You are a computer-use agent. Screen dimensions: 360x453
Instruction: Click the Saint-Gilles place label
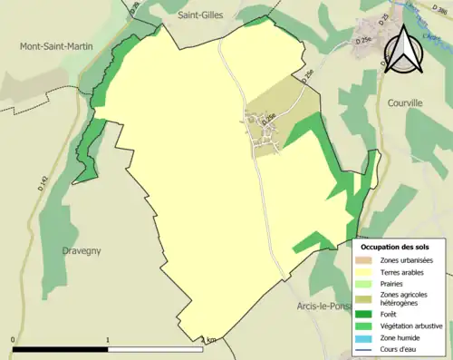tap(200, 15)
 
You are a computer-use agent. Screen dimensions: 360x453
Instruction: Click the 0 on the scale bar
tap(14, 341)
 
